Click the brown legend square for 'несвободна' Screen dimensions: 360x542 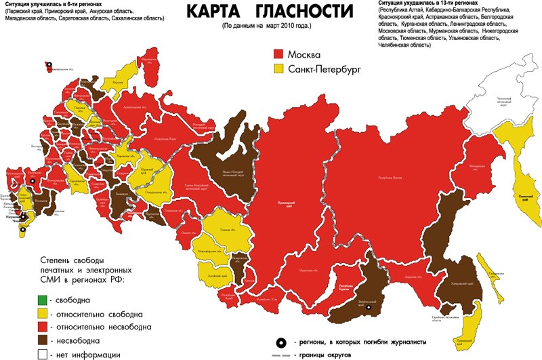click(x=41, y=340)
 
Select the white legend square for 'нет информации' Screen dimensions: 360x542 click(x=41, y=354)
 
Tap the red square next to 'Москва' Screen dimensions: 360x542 click(x=278, y=54)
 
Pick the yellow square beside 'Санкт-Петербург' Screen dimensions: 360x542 click(x=278, y=69)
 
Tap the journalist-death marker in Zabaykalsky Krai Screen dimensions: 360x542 click(x=369, y=308)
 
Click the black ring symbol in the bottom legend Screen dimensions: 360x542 click(x=280, y=342)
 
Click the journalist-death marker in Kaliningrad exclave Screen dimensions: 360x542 click(x=49, y=66)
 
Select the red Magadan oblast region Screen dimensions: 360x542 click(x=474, y=163)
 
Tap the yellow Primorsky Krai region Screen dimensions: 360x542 click(x=465, y=336)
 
